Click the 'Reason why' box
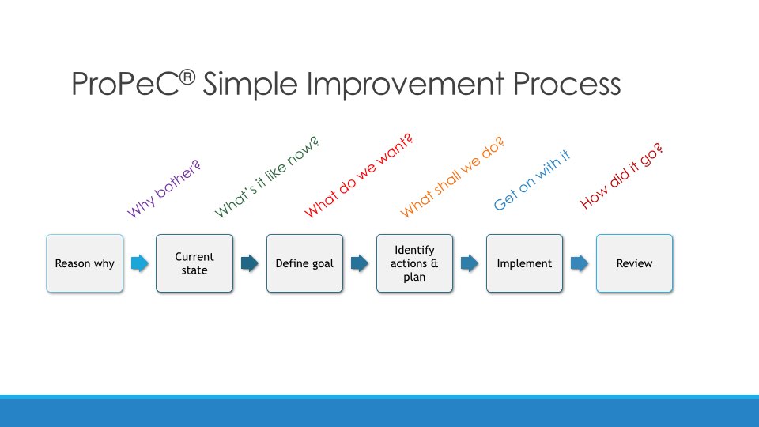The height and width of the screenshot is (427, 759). pos(85,263)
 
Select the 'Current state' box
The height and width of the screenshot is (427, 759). pos(194,263)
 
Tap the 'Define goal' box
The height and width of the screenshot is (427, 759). pos(304,263)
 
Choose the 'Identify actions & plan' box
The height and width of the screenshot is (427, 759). pos(414,263)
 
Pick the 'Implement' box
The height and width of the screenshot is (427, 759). pos(524,263)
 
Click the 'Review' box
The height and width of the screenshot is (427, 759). pos(634,263)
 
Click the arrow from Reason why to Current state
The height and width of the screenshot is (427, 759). pos(140,263)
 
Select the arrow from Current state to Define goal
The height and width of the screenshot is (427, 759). pos(250,263)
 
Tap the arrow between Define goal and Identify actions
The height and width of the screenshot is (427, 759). pos(360,263)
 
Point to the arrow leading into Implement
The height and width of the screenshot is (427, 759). pos(470,263)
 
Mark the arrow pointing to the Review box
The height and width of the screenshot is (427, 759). pos(580,263)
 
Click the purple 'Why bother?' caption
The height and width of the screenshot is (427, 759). pos(164,189)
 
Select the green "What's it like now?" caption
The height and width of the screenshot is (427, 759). pos(267,177)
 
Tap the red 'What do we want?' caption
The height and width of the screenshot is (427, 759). pos(359,176)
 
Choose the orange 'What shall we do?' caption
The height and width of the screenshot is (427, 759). pos(453,176)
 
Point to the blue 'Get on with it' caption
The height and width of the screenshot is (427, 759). pos(532,180)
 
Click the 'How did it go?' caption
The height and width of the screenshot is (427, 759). pos(621,176)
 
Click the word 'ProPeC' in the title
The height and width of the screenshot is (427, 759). pos(126,85)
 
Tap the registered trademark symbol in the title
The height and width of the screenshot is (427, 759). pos(187,77)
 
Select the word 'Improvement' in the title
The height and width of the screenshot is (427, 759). pos(406,85)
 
